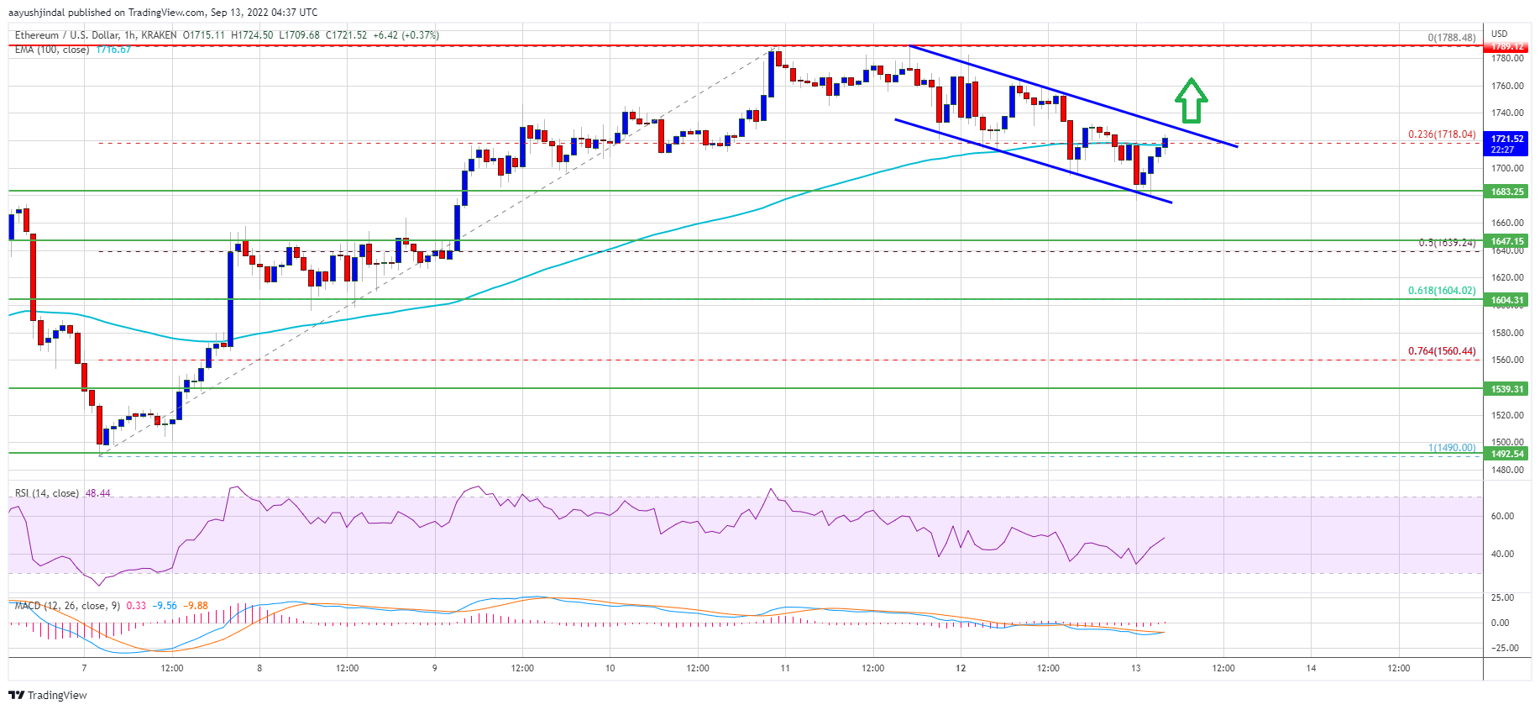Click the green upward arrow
1191,101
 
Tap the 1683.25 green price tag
1507,192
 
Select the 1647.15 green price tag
1507,241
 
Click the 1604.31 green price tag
1507,300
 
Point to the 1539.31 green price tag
1507,389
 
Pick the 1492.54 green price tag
1507,454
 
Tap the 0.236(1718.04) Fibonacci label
1442,134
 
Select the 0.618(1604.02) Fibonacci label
1442,291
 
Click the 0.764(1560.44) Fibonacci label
1442,351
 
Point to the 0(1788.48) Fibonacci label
1452,38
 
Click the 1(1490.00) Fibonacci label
1452,448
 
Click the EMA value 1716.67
113,50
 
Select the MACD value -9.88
197,606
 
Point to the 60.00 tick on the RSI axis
1502,516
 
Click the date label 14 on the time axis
1311,668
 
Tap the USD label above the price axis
1499,34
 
